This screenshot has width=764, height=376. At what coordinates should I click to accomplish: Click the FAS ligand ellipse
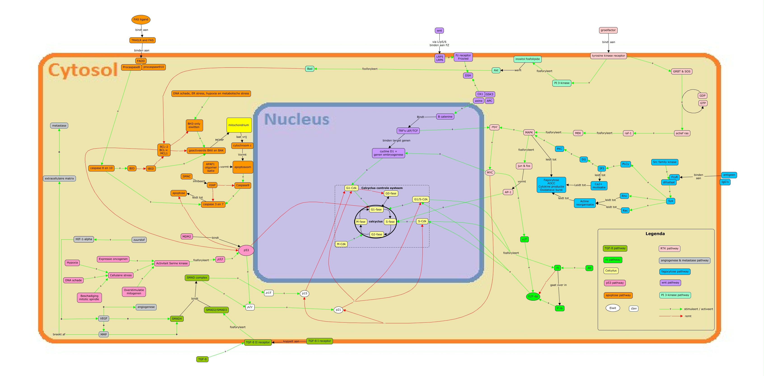click(x=141, y=20)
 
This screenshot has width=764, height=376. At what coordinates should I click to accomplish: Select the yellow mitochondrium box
click(x=239, y=125)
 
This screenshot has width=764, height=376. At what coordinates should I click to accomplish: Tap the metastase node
click(x=59, y=126)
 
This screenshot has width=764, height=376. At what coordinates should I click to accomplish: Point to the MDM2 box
click(x=187, y=236)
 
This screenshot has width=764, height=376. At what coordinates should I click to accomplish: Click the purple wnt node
click(x=439, y=31)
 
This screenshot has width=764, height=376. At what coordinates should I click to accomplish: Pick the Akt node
click(x=496, y=70)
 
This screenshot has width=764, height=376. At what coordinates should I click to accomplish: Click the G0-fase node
click(x=391, y=193)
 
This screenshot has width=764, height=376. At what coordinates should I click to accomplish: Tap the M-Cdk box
click(x=341, y=244)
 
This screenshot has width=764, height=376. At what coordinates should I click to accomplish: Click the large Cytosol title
click(x=83, y=70)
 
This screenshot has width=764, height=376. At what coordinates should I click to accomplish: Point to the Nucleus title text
click(x=297, y=119)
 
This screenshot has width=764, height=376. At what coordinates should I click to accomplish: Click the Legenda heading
click(x=655, y=234)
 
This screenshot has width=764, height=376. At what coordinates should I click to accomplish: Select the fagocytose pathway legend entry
click(x=675, y=271)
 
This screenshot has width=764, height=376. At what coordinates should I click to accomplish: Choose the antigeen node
click(x=729, y=175)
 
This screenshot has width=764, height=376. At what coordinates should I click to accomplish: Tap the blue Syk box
click(x=670, y=201)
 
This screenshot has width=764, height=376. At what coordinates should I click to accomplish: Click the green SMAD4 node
click(x=177, y=319)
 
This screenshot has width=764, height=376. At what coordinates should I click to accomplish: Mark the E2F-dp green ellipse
click(x=533, y=296)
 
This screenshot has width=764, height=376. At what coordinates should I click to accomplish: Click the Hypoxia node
click(x=72, y=263)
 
